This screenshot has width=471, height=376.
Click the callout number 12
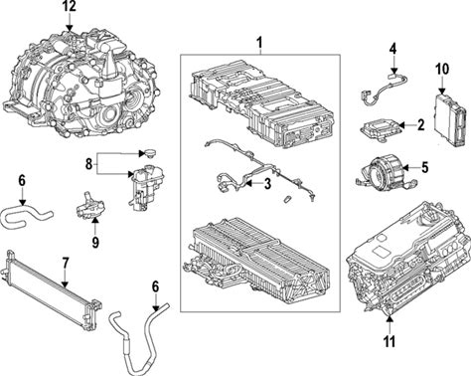(x=70, y=6)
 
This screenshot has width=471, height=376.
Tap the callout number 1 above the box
(x=260, y=43)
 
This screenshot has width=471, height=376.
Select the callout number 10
(x=442, y=70)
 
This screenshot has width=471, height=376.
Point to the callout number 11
(x=390, y=341)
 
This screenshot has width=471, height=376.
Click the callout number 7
(x=65, y=264)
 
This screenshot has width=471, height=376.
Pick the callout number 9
(x=95, y=243)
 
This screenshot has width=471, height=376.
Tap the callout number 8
(x=88, y=164)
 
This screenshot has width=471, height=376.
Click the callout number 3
(x=267, y=184)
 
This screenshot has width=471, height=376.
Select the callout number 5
(x=424, y=167)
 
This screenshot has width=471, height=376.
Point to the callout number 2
(x=420, y=125)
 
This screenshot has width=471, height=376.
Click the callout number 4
(x=392, y=50)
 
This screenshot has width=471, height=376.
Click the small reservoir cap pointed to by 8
(x=148, y=154)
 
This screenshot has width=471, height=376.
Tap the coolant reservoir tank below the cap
(x=145, y=188)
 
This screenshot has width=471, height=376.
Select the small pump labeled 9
(x=88, y=207)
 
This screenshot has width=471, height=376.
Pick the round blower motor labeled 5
(x=385, y=170)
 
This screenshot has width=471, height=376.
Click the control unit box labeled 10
(x=452, y=119)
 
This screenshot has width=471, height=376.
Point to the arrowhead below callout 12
(x=70, y=29)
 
